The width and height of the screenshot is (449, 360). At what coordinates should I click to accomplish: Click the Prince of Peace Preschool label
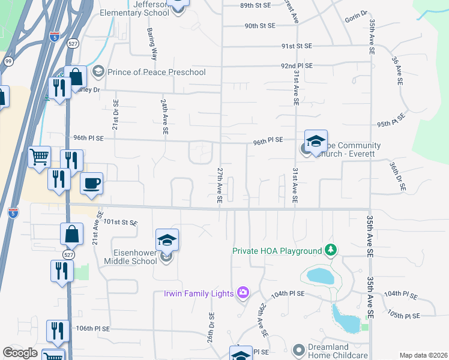tap(156, 72)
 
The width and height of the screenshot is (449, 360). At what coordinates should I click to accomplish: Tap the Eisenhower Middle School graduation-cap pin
tap(167, 240)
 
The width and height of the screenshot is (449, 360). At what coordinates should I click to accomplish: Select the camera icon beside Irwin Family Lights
tap(243, 292)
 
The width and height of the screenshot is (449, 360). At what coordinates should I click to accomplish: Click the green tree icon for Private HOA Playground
tap(330, 249)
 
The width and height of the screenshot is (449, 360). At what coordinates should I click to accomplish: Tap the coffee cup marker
tap(91, 184)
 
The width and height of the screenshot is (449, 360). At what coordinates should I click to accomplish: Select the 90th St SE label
tap(259, 26)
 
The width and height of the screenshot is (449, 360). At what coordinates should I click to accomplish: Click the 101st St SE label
tap(121, 223)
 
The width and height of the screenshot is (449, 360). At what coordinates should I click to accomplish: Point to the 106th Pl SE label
tap(93, 329)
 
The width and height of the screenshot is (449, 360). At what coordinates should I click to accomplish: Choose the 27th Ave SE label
tap(220, 185)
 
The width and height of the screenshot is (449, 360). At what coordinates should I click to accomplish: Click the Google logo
tap(20, 353)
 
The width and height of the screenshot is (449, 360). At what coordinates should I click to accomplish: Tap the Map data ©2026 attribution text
tap(423, 355)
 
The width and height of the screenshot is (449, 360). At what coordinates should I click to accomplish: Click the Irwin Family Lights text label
tap(199, 293)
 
